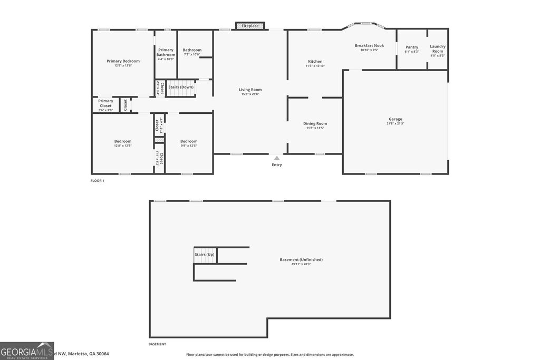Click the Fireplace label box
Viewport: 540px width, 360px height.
pyautogui.click(x=250, y=26)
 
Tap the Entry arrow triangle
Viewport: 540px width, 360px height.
pyautogui.click(x=277, y=158)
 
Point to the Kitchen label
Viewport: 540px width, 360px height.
pyautogui.click(x=315, y=62)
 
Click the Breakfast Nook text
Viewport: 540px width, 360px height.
pyautogui.click(x=369, y=46)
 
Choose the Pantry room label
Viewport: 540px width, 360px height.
pyautogui.click(x=412, y=47)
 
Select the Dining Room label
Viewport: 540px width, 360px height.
pyautogui.click(x=315, y=124)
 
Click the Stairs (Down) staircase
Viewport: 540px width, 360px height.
pyautogui.click(x=181, y=91)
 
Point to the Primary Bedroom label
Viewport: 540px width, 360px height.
pyautogui.click(x=123, y=61)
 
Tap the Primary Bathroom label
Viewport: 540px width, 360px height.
pyautogui.click(x=166, y=52)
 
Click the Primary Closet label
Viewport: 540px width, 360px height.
pyautogui.click(x=105, y=103)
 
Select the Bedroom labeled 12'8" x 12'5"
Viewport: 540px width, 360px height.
pyautogui.click(x=123, y=141)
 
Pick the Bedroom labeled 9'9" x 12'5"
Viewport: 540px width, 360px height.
pyautogui.click(x=189, y=141)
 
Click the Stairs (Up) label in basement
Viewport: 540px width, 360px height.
pyautogui.click(x=205, y=255)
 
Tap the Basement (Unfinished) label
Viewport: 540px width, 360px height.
pyautogui.click(x=301, y=260)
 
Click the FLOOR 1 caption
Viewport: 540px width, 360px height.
pyautogui.click(x=98, y=181)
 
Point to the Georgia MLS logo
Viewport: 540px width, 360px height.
pyautogui.click(x=27, y=351)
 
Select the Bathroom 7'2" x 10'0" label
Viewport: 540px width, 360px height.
pyautogui.click(x=192, y=50)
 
